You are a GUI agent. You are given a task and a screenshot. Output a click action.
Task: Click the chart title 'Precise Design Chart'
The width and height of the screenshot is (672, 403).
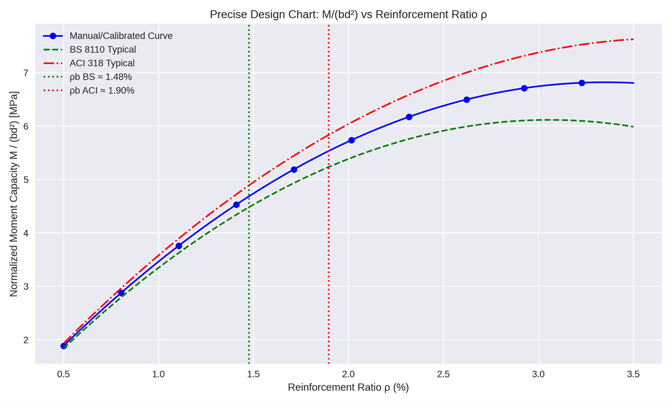point(348,15)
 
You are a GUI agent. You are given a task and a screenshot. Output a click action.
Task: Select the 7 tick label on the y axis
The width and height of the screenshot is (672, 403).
point(25,73)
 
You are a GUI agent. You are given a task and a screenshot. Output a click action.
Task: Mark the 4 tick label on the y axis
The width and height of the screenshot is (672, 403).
point(25,233)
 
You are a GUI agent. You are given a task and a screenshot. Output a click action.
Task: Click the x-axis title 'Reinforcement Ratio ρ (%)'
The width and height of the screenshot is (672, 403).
point(348,387)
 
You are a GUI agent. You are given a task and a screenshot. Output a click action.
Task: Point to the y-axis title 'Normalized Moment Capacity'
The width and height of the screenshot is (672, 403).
point(14,194)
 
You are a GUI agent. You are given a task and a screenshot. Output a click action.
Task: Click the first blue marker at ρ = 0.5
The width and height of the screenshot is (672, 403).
point(64,346)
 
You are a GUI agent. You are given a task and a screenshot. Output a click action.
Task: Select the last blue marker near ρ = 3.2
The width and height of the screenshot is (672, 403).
point(582,83)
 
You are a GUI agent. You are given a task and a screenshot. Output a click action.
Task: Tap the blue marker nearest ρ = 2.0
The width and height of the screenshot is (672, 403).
point(352,140)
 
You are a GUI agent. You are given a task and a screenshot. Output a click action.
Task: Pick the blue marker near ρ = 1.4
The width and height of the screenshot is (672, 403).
point(236,205)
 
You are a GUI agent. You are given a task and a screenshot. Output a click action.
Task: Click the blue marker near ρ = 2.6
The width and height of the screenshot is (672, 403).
point(466,100)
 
